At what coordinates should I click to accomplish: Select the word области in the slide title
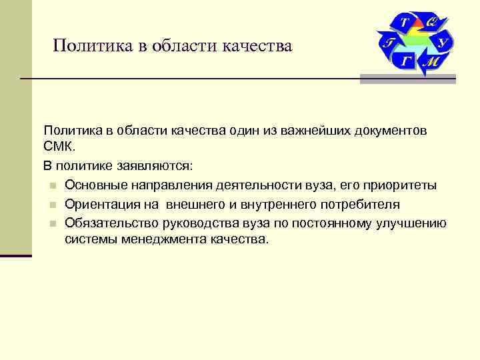172,46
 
